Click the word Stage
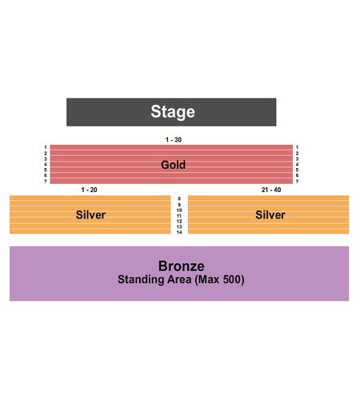[173, 112]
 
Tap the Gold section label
[173, 165]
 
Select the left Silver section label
[90, 215]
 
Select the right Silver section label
[270, 215]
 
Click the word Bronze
[182, 266]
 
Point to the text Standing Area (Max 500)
[181, 280]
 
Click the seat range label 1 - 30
[174, 140]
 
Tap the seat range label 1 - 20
[89, 190]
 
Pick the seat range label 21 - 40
[271, 190]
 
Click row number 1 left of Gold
[46, 147]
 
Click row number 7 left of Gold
[46, 182]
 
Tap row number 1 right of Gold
[297, 147]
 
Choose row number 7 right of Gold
[297, 182]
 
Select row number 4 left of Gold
[46, 164]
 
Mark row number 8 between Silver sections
[179, 198]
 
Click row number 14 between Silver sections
[179, 232]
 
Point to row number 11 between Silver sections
[179, 216]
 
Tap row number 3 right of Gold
[297, 159]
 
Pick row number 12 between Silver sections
[179, 222]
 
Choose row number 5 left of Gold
[46, 170]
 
